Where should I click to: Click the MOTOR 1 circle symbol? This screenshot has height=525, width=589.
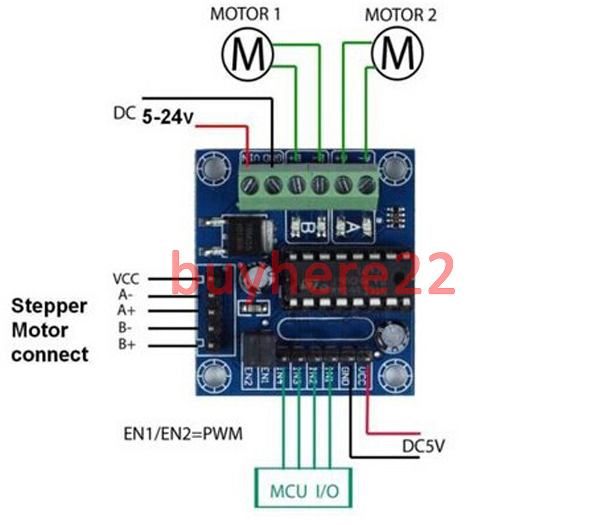(x=247, y=54)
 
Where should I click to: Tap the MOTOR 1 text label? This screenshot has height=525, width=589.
(x=246, y=14)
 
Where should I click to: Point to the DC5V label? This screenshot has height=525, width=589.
(x=423, y=446)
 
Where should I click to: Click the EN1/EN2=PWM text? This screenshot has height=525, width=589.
(x=183, y=433)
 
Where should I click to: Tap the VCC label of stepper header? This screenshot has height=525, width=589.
(x=126, y=279)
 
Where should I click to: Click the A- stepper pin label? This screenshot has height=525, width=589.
(x=125, y=295)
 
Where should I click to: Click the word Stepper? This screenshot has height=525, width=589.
(x=49, y=305)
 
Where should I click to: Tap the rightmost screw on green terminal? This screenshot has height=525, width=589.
(x=365, y=185)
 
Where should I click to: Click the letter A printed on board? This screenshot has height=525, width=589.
(x=355, y=228)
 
